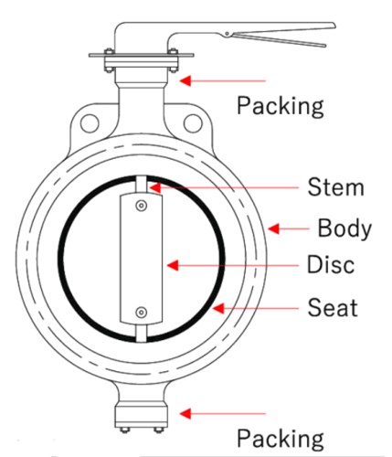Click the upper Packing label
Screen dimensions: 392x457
pyautogui.click(x=281, y=106)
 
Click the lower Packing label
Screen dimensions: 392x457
pyautogui.click(x=281, y=439)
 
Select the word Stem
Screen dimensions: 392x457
pyautogui.click(x=336, y=187)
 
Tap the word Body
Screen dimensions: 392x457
pyautogui.click(x=344, y=228)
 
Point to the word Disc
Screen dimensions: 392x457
pyautogui.click(x=331, y=264)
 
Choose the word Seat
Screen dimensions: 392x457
pyautogui.click(x=333, y=308)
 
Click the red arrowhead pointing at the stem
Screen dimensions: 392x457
pyautogui.click(x=154, y=187)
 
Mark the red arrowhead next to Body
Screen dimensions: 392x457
pyautogui.click(x=273, y=228)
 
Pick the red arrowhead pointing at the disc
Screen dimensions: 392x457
pyautogui.click(x=173, y=265)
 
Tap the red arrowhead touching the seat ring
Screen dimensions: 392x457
pyautogui.click(x=218, y=308)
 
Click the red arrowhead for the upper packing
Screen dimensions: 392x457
pyautogui.click(x=185, y=80)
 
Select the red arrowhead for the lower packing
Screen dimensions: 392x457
pyautogui.click(x=185, y=413)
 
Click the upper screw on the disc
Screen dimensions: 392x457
pyautogui.click(x=141, y=206)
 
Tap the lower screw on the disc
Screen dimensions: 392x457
pyautogui.click(x=141, y=313)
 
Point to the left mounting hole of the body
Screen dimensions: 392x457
pyautogui.click(x=90, y=123)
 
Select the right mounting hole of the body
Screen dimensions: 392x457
pyautogui.click(x=193, y=123)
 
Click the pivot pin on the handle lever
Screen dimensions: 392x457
pyautogui.click(x=228, y=34)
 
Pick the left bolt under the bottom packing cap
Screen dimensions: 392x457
pyautogui.click(x=124, y=430)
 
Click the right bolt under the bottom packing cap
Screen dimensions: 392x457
pyautogui.click(x=158, y=430)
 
